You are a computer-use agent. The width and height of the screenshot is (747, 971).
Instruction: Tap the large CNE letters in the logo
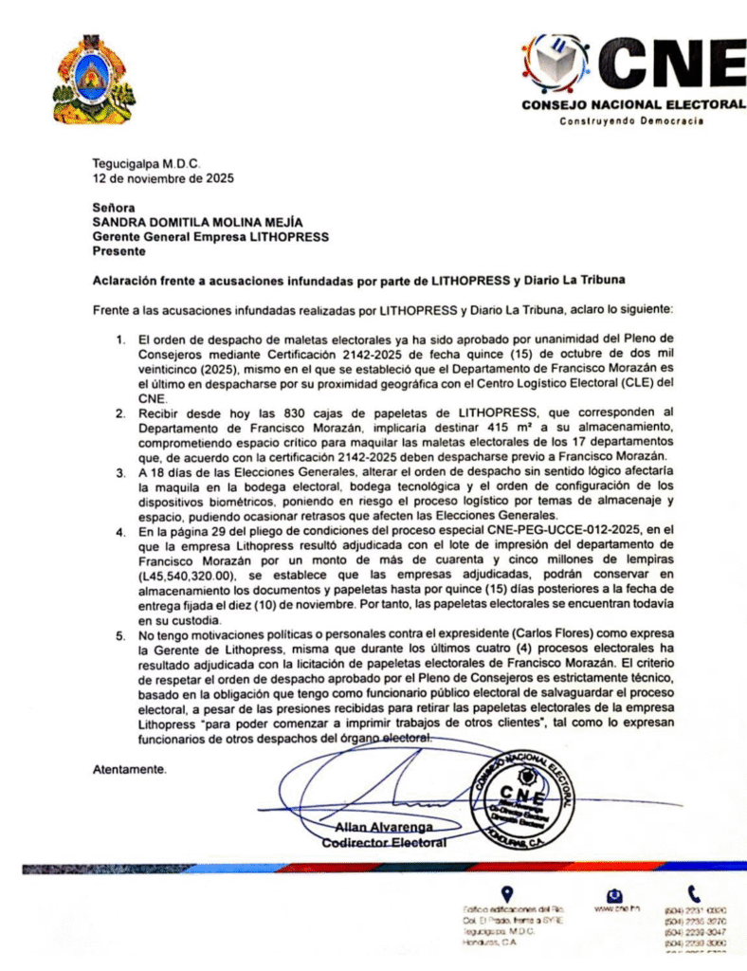coord(674,63)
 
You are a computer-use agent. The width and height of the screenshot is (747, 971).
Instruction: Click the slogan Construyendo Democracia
coord(630,120)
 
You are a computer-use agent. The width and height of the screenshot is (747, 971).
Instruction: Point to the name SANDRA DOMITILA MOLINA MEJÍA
coord(197,222)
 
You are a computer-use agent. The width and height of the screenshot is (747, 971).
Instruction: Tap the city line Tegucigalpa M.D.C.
coord(146,163)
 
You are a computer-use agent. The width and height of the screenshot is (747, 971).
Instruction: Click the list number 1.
coord(120,339)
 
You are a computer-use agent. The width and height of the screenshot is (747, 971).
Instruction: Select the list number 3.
coord(120,471)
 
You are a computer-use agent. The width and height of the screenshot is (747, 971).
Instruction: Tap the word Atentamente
coord(130,769)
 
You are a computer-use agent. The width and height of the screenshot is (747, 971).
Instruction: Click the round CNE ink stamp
coord(522,795)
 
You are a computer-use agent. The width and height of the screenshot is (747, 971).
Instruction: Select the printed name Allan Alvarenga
coord(371,828)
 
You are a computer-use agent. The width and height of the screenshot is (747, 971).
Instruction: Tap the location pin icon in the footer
coord(507,894)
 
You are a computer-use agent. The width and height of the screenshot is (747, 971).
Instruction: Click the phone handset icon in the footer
coord(694,893)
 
